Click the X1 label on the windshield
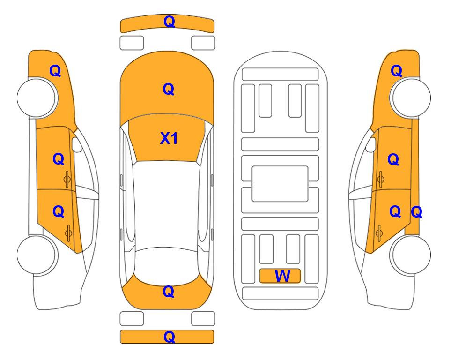point(169,138)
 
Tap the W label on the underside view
point(282,276)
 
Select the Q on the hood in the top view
point(169,89)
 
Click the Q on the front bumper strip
point(170,22)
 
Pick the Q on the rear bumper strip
point(170,337)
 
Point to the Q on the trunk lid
point(169,292)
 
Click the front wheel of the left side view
point(37,97)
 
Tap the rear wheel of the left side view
point(37,255)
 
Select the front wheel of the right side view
point(410,97)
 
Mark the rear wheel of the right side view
point(410,255)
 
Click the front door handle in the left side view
point(67,179)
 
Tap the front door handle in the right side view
point(381,179)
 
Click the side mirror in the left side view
point(77,144)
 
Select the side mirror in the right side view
point(371,144)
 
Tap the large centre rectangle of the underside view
point(280,184)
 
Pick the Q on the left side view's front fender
point(55,71)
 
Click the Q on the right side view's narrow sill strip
point(416,212)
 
